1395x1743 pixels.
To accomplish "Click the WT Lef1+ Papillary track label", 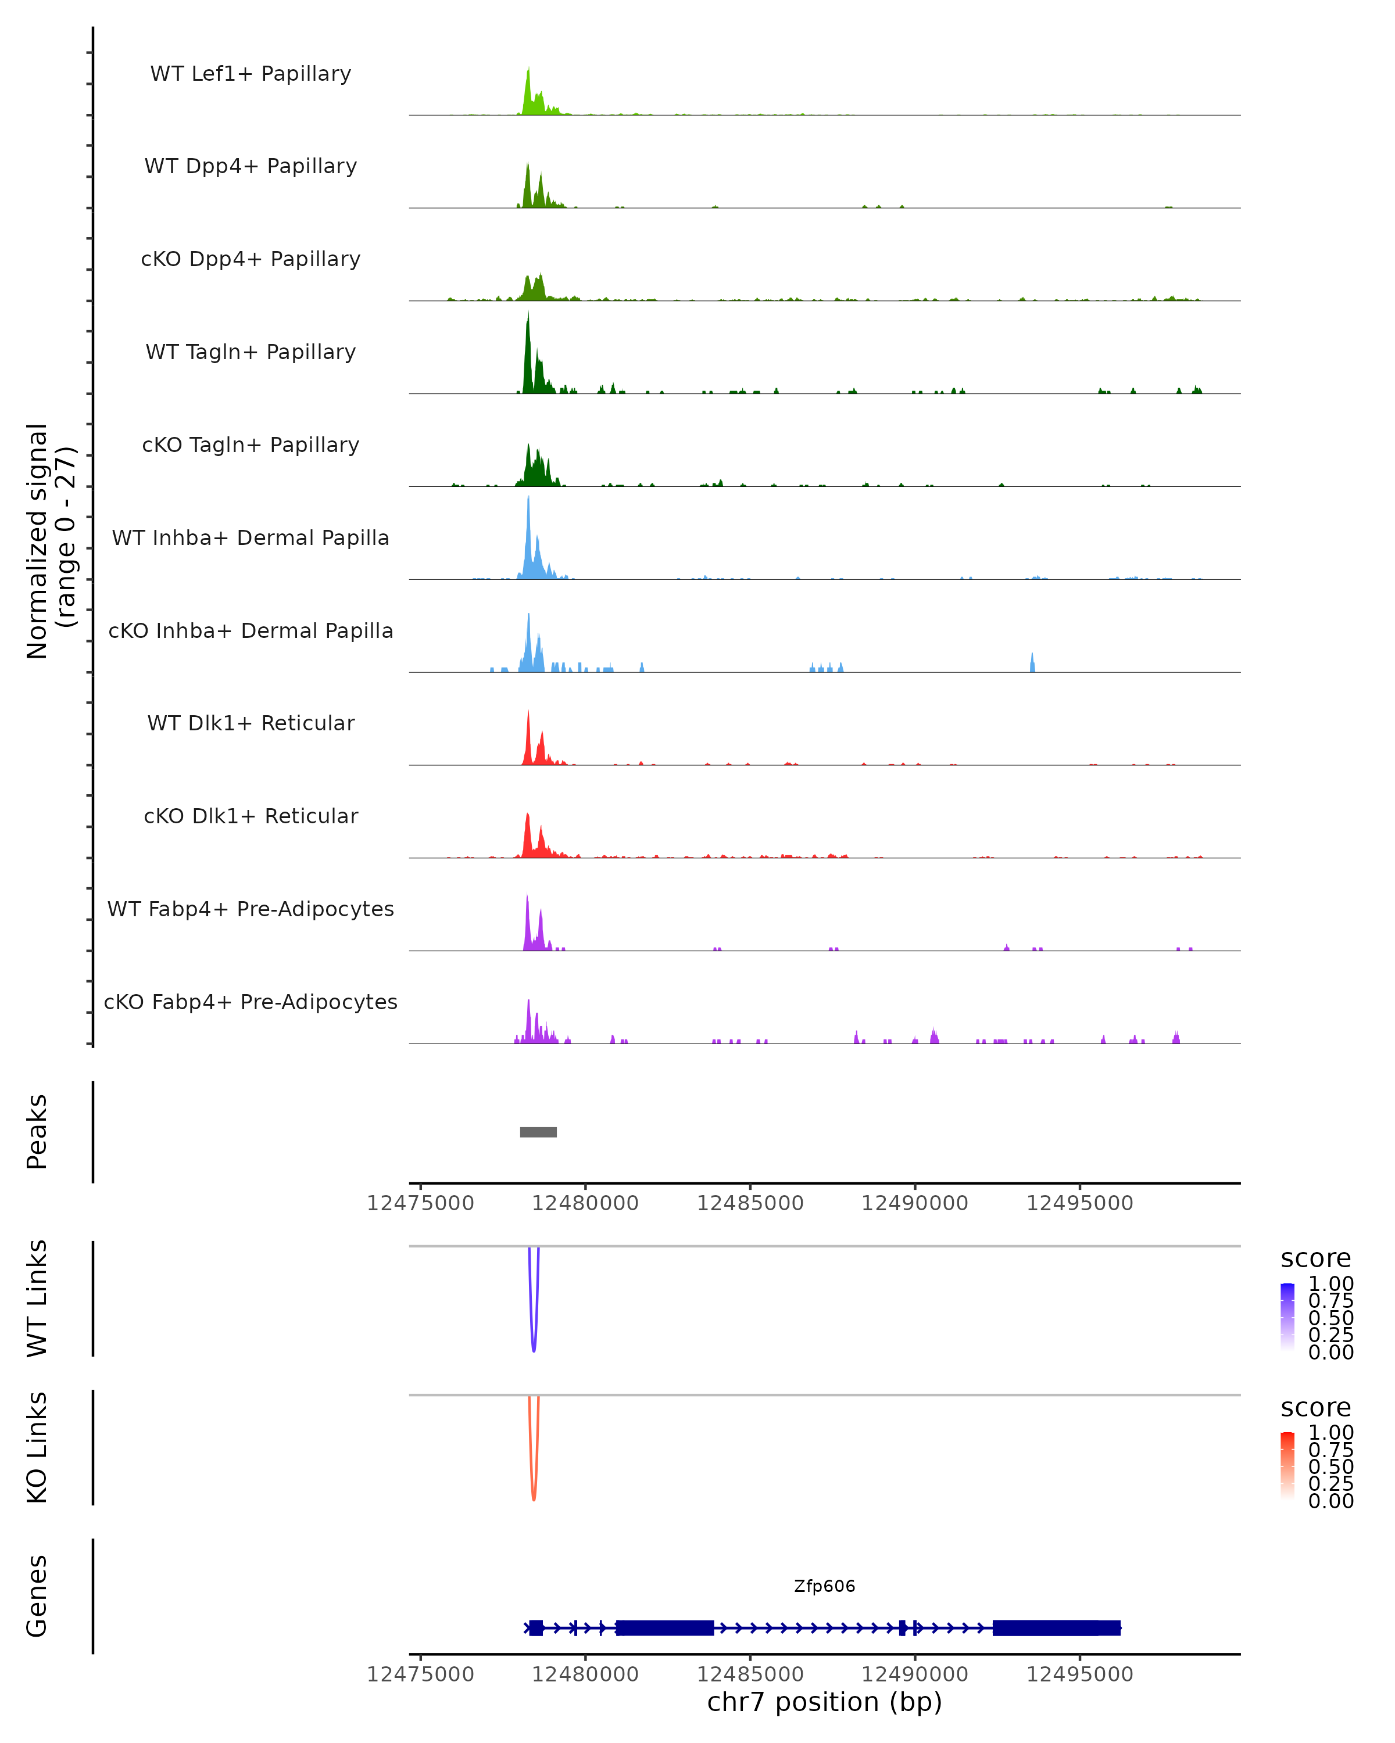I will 251,74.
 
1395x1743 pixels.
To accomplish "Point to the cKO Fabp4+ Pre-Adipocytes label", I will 251,1002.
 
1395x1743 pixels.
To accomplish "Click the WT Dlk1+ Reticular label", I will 251,723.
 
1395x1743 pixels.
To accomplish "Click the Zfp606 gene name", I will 824,1586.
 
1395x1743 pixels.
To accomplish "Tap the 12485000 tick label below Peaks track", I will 750,1203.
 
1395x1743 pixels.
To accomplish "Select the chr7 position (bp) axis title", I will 824,1702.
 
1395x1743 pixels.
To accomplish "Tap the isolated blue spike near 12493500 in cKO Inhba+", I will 1032,663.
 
